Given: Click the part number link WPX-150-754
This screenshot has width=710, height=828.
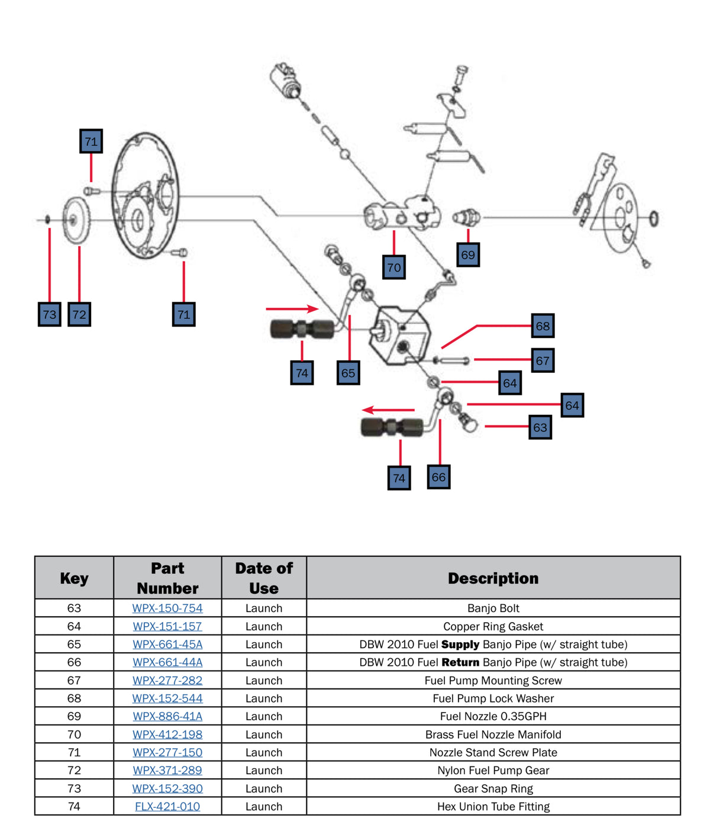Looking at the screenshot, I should (x=167, y=608).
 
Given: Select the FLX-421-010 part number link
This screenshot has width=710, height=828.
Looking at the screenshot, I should (x=167, y=806).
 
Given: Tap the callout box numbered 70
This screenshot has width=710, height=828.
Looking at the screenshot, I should (x=394, y=267).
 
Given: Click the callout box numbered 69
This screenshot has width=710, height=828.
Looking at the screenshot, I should (x=468, y=254).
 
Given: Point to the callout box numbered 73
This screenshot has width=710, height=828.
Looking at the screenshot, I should (x=50, y=314).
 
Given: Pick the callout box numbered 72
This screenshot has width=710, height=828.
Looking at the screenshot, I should (x=79, y=314).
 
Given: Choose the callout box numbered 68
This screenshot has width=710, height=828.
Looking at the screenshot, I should (x=543, y=326).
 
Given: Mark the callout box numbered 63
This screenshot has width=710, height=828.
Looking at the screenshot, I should (x=540, y=427).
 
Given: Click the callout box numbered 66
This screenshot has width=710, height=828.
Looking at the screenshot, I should (x=438, y=477).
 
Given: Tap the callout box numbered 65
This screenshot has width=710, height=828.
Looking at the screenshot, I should (x=348, y=373).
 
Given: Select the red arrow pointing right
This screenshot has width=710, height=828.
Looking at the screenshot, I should (x=292, y=308).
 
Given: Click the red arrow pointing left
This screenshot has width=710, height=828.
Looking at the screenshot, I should (x=388, y=410).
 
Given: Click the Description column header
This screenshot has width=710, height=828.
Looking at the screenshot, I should (x=493, y=578).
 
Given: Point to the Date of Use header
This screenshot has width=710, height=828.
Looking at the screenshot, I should (x=264, y=578).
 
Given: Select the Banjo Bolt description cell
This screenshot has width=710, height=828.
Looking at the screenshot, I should (x=493, y=608).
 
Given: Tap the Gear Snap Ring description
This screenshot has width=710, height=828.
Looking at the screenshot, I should (x=493, y=788).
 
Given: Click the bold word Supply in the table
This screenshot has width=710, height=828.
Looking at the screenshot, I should (x=460, y=644).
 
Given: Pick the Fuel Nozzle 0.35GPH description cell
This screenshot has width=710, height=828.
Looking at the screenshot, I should (x=493, y=716).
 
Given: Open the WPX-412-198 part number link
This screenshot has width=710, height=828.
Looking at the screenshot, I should (x=167, y=734).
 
